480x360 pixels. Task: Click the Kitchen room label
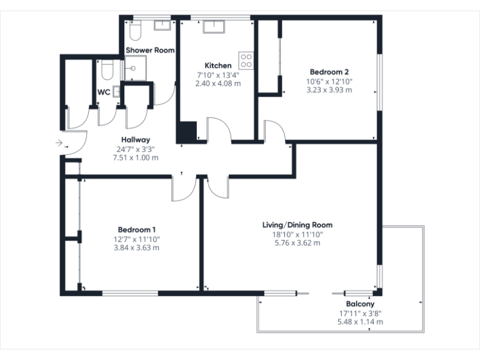218,66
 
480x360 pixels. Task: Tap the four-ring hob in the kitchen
246,59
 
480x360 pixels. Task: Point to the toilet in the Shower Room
134,29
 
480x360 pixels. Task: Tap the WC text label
104,92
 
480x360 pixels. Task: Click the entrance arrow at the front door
59,143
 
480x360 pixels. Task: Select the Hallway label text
135,140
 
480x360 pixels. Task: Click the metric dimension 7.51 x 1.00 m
135,157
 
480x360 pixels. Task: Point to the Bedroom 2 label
329,72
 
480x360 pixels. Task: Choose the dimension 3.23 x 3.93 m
329,89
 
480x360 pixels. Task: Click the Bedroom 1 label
137,229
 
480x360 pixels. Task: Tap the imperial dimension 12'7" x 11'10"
137,238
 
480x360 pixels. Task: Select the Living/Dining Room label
297,225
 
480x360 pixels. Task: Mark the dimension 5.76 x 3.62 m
297,242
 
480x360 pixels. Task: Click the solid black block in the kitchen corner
186,132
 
